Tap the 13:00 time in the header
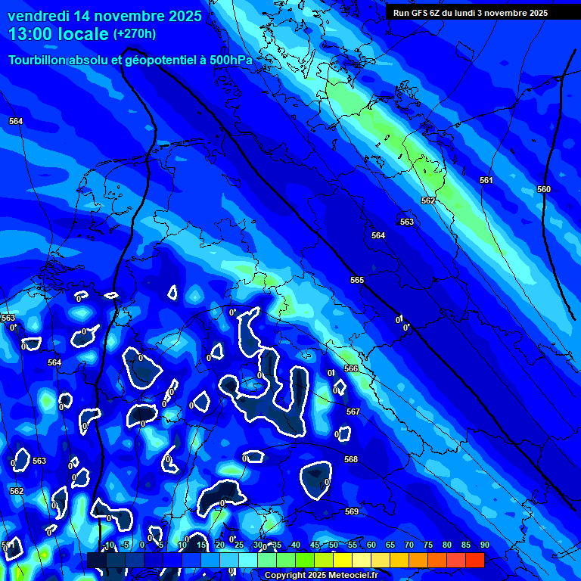[x=33, y=34]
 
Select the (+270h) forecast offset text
[x=135, y=34]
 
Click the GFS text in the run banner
[x=422, y=13]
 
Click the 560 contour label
[x=544, y=189]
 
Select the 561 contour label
[x=486, y=180]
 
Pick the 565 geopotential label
[x=357, y=280]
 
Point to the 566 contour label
[x=351, y=368]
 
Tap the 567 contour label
[x=353, y=412]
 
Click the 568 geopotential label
[x=351, y=459]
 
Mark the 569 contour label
[x=352, y=511]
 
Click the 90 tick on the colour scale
[x=484, y=545]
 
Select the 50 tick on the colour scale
[x=334, y=545]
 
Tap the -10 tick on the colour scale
[x=109, y=545]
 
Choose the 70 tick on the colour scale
[x=409, y=545]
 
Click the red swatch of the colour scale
[x=475, y=560]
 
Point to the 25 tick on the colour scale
[x=239, y=545]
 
